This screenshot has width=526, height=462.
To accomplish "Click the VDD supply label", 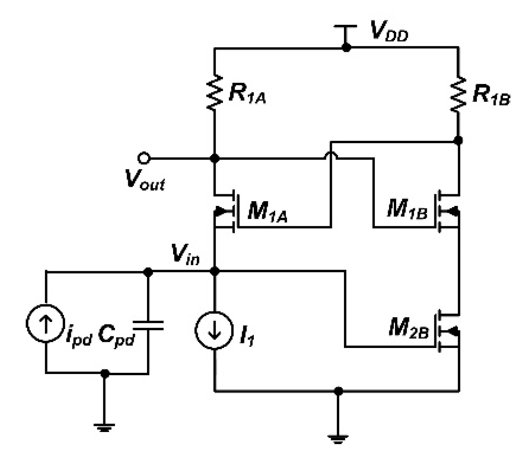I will pyautogui.click(x=389, y=32).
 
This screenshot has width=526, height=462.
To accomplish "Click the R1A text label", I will pyautogui.click(x=247, y=94).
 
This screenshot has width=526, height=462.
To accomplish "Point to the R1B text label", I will pyautogui.click(x=491, y=95).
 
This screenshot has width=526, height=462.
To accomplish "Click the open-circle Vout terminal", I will pyautogui.click(x=143, y=158).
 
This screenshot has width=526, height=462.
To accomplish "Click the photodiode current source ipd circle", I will pyautogui.click(x=46, y=323).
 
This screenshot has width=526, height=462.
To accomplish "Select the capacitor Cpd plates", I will pyautogui.click(x=148, y=325).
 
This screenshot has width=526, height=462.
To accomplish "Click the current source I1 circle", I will pyautogui.click(x=214, y=330).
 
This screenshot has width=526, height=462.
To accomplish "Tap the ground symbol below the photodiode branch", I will pyautogui.click(x=104, y=426).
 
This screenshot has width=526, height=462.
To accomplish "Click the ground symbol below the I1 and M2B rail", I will pyautogui.click(x=338, y=438).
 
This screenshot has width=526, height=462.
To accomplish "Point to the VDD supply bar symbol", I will pyautogui.click(x=345, y=27).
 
